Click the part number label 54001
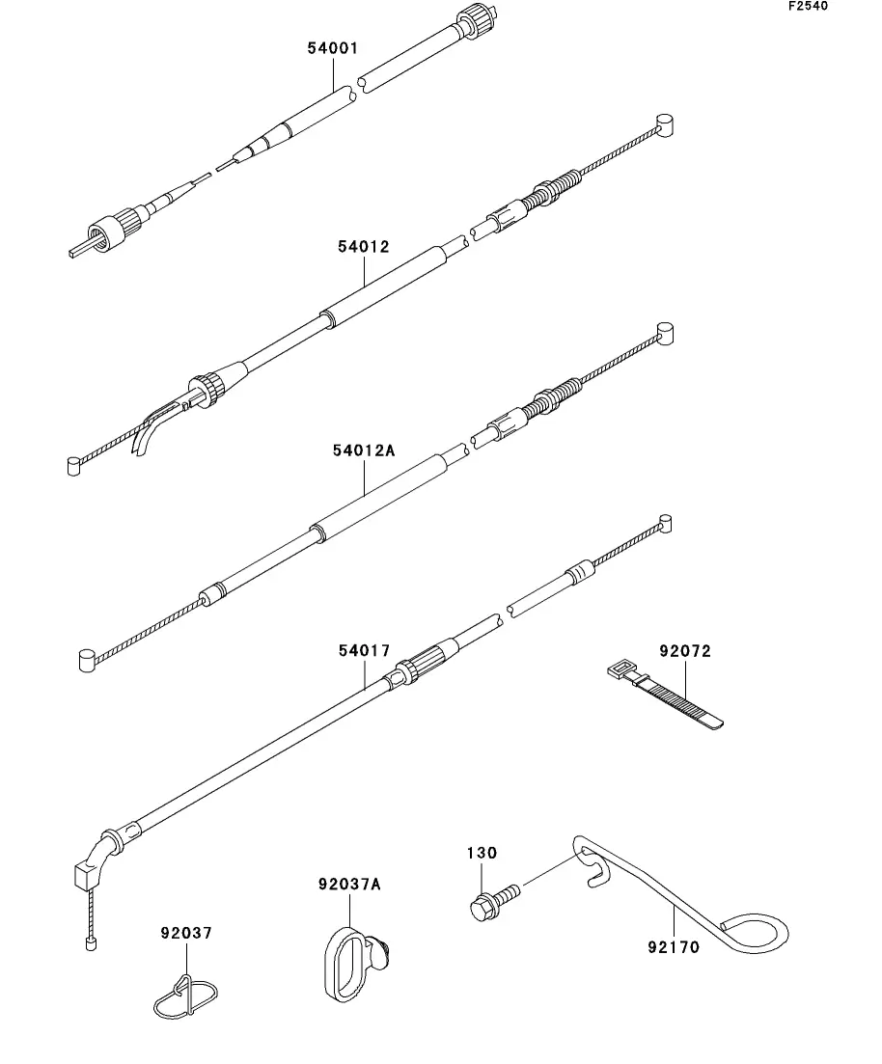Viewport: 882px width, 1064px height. [333, 46]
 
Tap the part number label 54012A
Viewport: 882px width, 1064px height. [364, 450]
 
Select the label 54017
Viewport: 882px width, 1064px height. [364, 651]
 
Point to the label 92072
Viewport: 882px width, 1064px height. [685, 651]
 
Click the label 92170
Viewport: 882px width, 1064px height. [674, 947]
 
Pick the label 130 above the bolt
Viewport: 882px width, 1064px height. [482, 853]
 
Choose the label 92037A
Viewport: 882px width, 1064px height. [348, 884]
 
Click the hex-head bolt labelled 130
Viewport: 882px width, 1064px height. [483, 907]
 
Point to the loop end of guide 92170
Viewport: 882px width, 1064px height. [757, 933]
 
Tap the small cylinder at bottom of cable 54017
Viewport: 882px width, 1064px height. [91, 945]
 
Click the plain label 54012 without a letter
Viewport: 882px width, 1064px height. [364, 247]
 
